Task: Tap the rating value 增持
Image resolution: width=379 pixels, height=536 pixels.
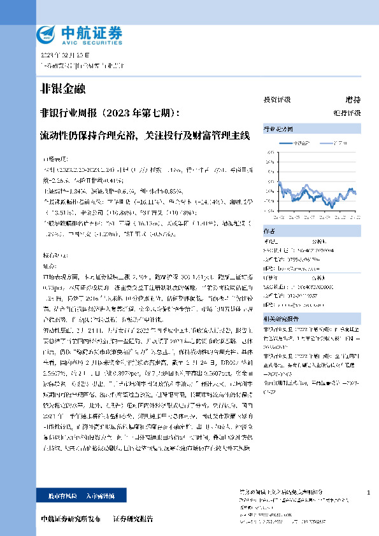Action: pyautogui.click(x=352, y=100)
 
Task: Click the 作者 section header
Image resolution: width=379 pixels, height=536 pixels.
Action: pyautogui.click(x=269, y=232)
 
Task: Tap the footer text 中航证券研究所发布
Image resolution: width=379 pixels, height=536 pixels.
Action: pyautogui.click(x=70, y=519)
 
